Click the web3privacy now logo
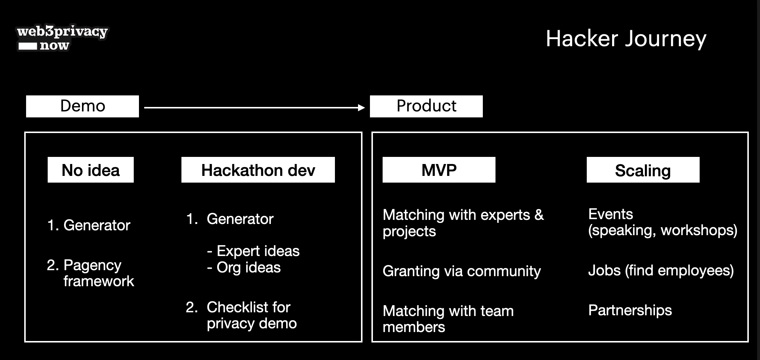click(62, 38)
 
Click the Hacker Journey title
click(626, 39)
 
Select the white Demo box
click(82, 106)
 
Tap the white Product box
click(426, 106)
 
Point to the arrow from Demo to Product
click(254, 108)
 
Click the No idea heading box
click(91, 170)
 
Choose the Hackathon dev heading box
click(258, 170)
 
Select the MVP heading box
click(439, 170)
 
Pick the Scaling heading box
click(643, 170)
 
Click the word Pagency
click(92, 265)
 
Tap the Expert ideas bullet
click(253, 251)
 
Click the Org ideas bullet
click(244, 268)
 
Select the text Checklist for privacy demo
click(252, 315)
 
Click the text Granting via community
click(462, 271)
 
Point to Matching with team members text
click(448, 319)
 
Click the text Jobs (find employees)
click(661, 271)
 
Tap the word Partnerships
click(630, 310)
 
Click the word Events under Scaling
click(611, 214)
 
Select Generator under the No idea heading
click(97, 225)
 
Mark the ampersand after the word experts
click(539, 215)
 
